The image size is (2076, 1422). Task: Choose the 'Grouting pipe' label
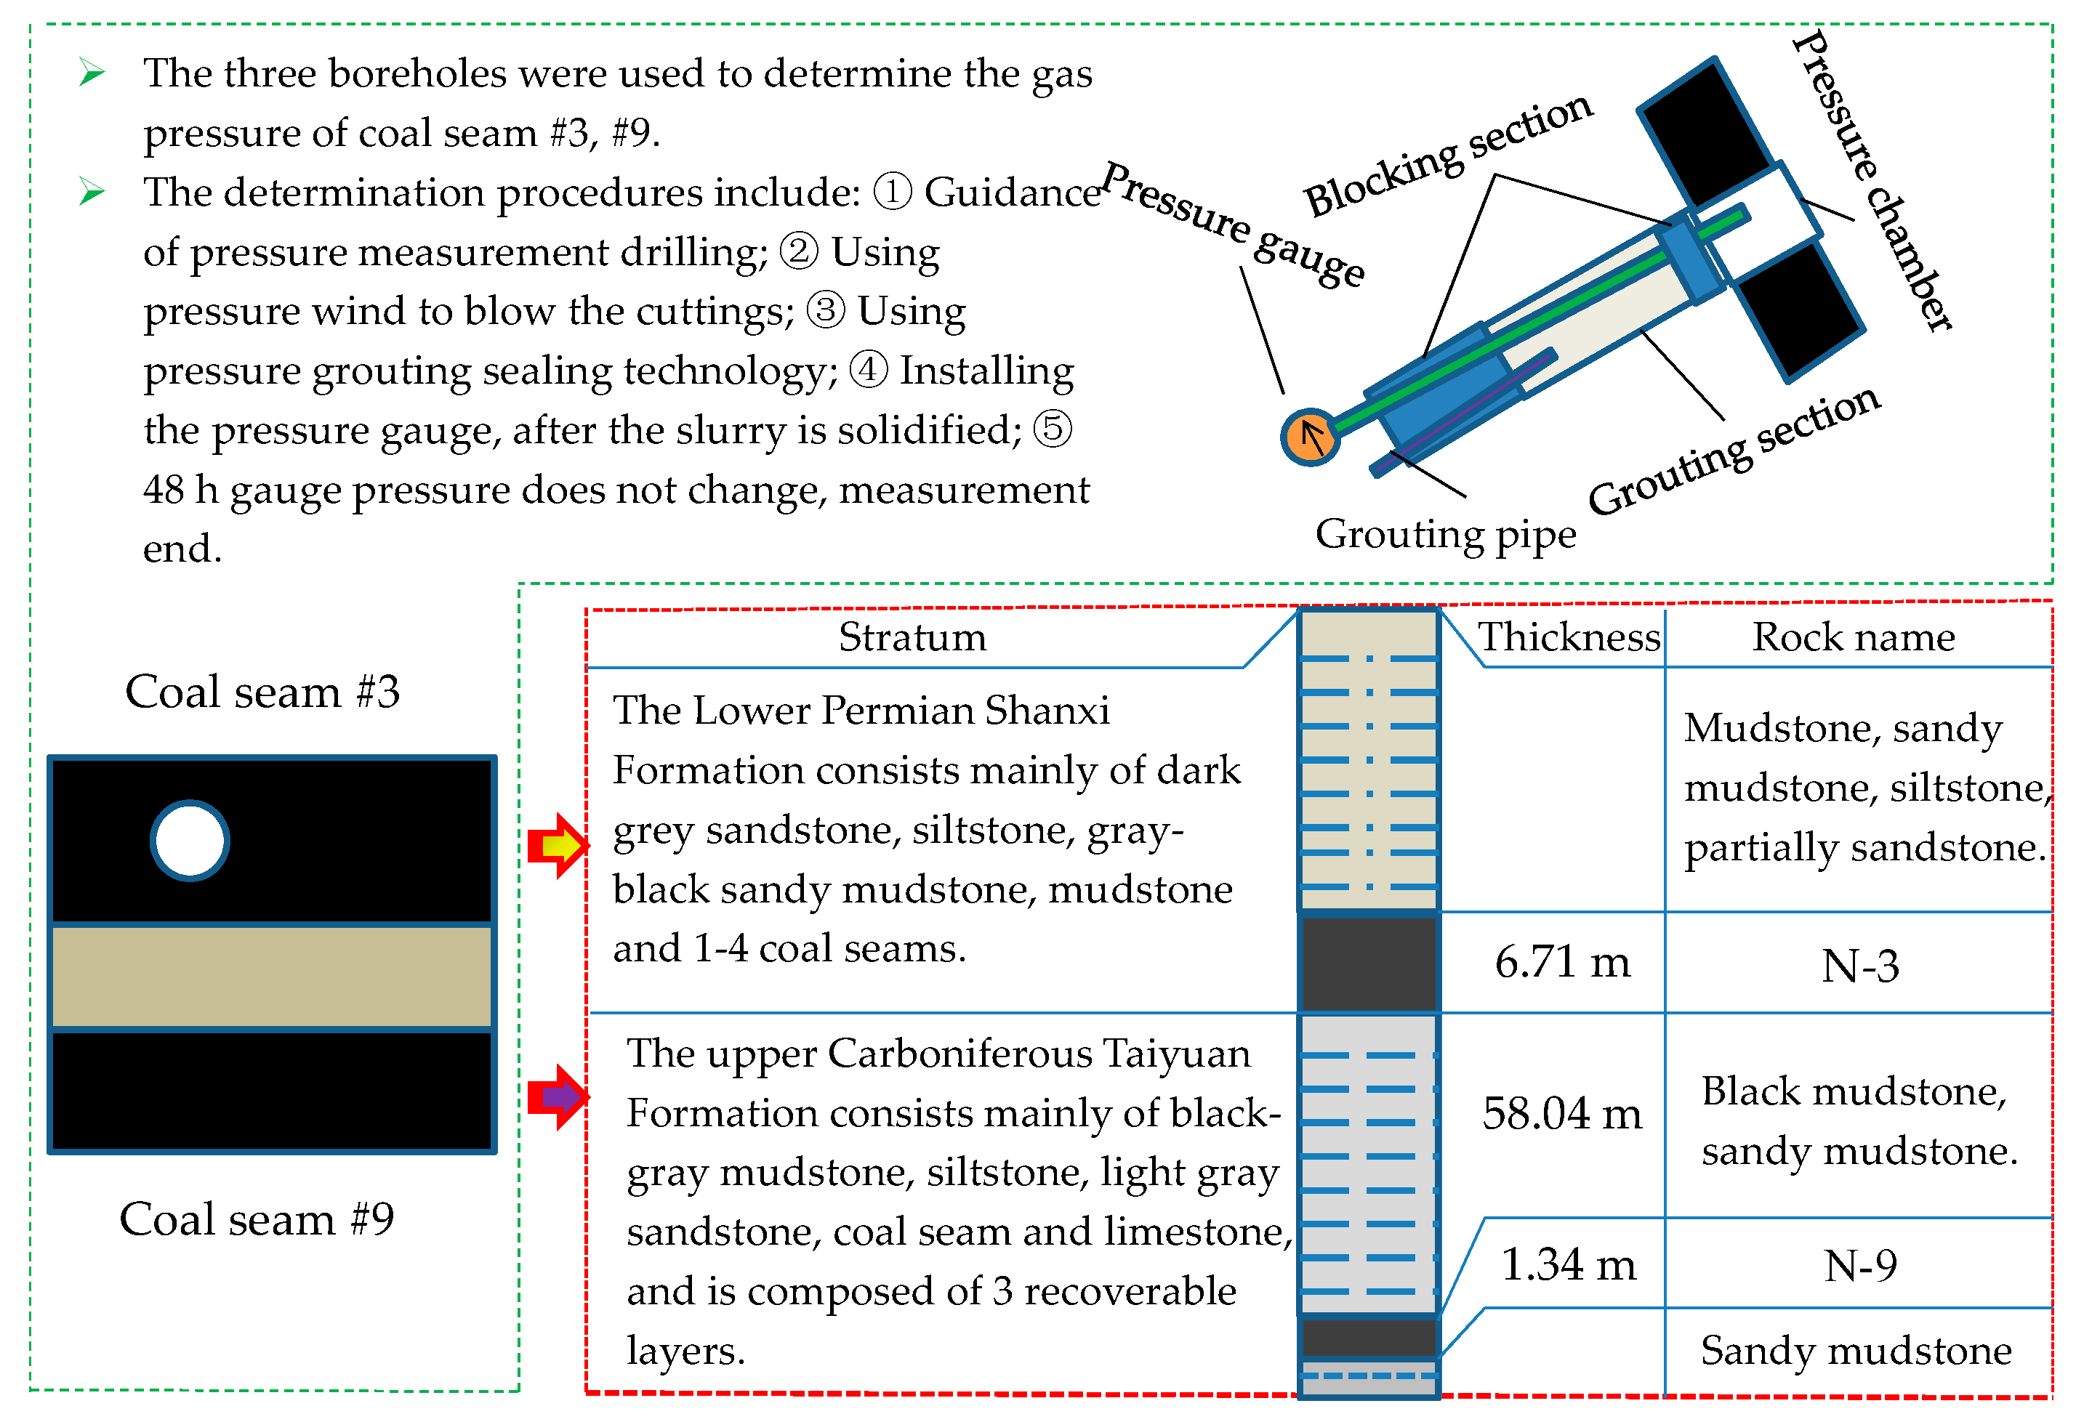pos(1445,535)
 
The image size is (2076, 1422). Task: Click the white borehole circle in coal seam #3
pos(190,841)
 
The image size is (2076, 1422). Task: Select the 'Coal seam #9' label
pos(257,1219)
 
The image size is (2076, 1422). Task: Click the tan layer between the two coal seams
pos(272,977)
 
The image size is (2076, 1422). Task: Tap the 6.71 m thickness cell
pos(1562,963)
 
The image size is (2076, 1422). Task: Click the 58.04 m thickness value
pos(1561,1114)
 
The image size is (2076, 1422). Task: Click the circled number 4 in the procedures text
pos(867,370)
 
